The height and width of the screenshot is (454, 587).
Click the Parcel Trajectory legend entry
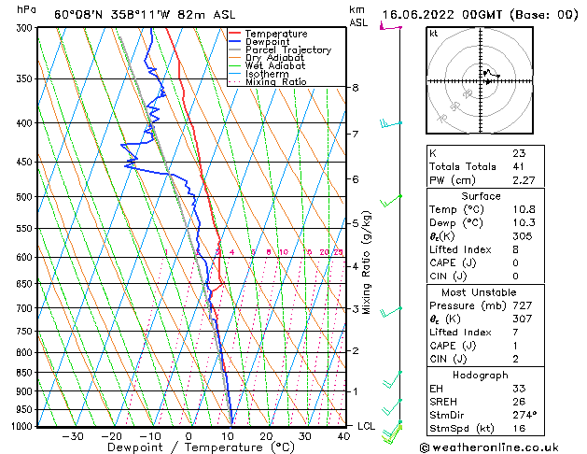click(x=287, y=50)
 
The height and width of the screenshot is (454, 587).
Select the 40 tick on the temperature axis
click(x=343, y=436)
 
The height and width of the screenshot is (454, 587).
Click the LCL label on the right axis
click(x=368, y=426)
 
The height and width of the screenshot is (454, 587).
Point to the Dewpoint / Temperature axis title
click(x=188, y=447)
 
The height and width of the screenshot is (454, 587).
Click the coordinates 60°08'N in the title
click(x=81, y=14)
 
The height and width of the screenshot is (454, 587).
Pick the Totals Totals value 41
click(x=517, y=166)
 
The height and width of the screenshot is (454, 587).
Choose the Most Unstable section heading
click(x=480, y=292)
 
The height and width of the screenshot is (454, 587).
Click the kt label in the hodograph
click(x=434, y=34)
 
